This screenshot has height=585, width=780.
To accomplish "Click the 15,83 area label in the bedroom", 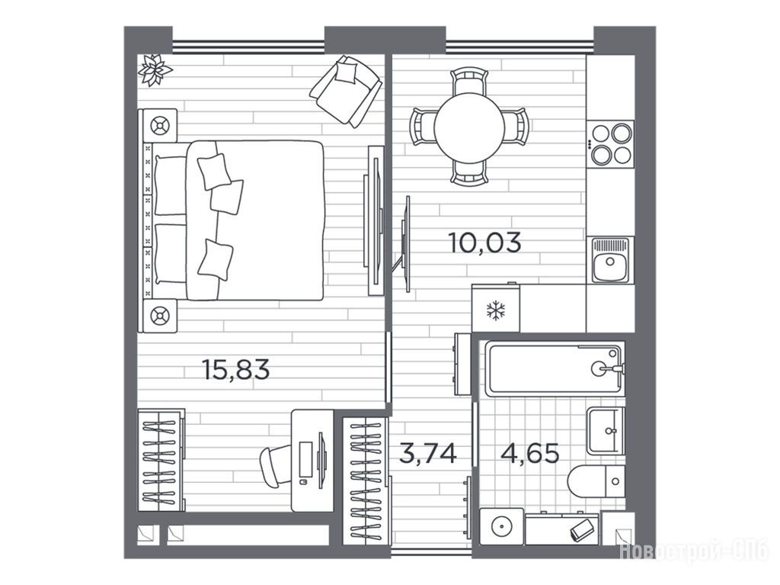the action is (x=236, y=370).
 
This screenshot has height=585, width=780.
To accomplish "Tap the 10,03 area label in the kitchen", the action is (x=485, y=243).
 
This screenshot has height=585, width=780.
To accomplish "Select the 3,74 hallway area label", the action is (x=428, y=454).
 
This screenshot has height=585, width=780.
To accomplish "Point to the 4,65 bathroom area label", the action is (x=530, y=454).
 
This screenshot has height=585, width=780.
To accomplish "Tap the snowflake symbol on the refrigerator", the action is (x=495, y=310).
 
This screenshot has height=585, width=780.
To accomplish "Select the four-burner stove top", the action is (x=610, y=144).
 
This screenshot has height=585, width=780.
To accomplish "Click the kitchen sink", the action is (x=610, y=260).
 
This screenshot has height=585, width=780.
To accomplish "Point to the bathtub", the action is (x=555, y=368).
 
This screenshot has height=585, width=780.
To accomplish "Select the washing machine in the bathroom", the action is (x=501, y=526).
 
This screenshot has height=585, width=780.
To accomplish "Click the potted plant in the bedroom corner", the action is (x=155, y=69).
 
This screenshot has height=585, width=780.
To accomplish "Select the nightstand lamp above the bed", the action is (x=160, y=125).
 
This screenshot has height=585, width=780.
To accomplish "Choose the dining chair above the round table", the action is (x=468, y=81).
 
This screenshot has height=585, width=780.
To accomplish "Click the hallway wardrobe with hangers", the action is (x=366, y=481).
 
